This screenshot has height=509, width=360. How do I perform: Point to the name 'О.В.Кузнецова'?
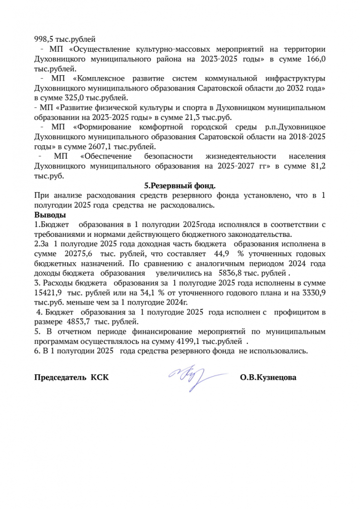point(268,378)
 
